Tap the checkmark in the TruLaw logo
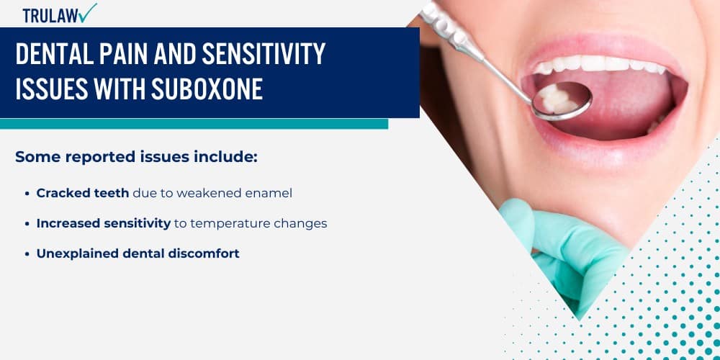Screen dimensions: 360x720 tap(89, 12)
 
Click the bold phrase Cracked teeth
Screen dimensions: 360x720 tap(83, 193)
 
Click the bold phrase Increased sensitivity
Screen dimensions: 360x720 tap(103, 223)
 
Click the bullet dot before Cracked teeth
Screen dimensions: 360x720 tap(28, 194)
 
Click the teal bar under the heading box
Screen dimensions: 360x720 tap(194, 124)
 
